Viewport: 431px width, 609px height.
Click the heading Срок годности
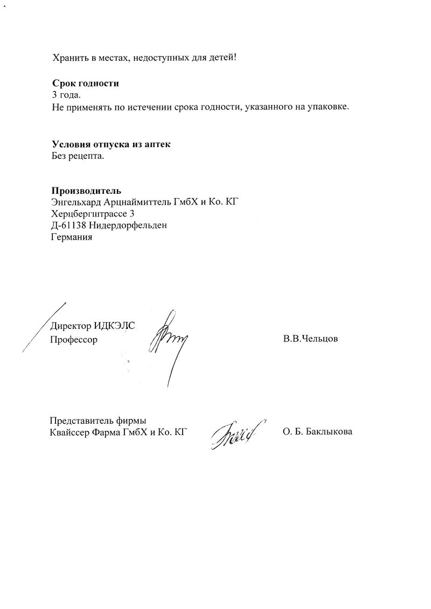point(85,83)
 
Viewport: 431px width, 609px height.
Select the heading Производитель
point(86,191)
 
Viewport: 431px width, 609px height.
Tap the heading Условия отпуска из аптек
point(114,144)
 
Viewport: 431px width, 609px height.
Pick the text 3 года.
point(66,95)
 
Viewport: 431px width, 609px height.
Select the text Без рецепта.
point(78,156)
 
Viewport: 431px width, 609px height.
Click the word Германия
point(72,237)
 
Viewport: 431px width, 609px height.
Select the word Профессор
point(74,340)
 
